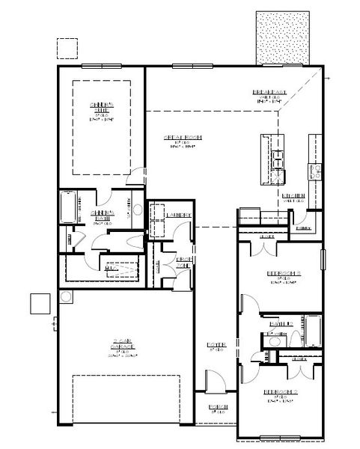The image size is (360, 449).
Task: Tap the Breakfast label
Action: (x=266, y=93)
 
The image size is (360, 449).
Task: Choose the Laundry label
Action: (x=179, y=216)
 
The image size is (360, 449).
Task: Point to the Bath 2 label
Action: (x=280, y=323)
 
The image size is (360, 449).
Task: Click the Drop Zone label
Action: (x=183, y=261)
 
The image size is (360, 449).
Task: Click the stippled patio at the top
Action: (x=280, y=38)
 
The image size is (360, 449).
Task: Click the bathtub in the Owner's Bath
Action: (x=68, y=207)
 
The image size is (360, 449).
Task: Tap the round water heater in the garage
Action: (x=66, y=296)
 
